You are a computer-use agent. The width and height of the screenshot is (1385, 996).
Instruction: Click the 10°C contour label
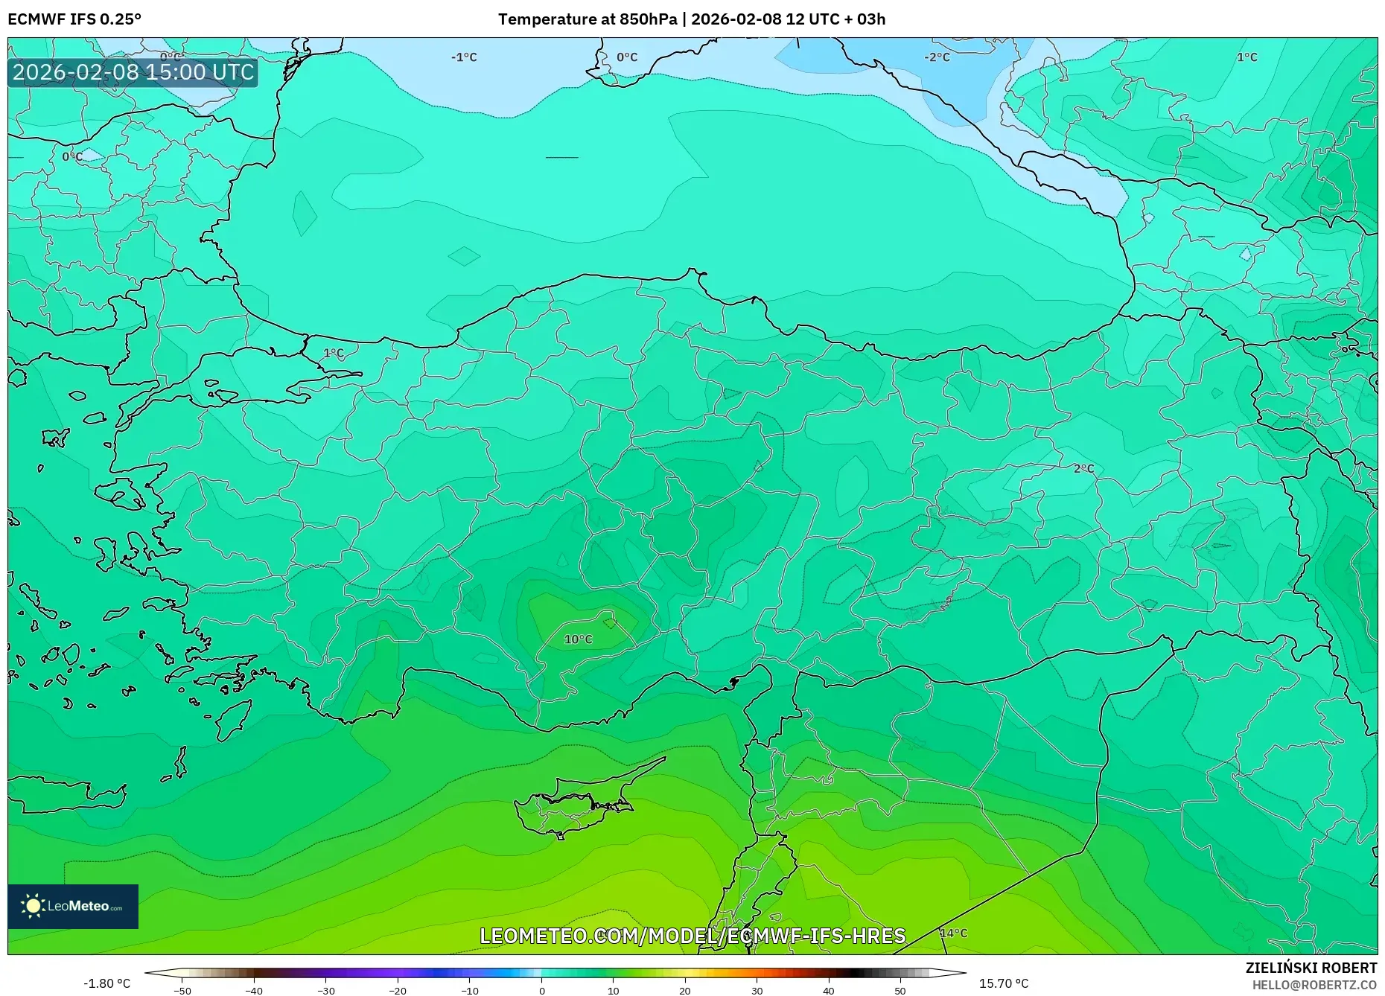(578, 639)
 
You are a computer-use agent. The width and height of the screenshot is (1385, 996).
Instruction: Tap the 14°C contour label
(953, 933)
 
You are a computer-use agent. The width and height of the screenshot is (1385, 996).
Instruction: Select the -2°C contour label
(937, 57)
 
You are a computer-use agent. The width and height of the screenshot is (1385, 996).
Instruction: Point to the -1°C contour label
(464, 57)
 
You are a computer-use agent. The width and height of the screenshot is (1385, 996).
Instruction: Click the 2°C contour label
(1083, 469)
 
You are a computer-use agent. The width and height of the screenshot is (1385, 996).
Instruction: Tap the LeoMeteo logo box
(73, 906)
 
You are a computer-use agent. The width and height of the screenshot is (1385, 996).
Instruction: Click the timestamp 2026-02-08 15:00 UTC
(133, 72)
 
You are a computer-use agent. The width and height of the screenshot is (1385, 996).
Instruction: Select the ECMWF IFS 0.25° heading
(74, 19)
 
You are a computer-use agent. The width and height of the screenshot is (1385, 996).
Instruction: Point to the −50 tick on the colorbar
(182, 990)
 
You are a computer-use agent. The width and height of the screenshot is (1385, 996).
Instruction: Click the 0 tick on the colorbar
(541, 990)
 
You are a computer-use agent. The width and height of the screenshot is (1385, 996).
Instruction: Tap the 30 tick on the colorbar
(757, 990)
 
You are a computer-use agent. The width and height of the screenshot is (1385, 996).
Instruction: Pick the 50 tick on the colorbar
(900, 990)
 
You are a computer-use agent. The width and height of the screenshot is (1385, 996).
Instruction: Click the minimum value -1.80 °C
(106, 984)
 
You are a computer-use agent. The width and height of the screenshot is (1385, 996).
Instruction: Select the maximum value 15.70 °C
(1004, 984)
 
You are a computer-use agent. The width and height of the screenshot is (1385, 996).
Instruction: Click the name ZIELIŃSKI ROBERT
(1311, 968)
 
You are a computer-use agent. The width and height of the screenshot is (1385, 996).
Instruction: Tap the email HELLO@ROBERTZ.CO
(1314, 985)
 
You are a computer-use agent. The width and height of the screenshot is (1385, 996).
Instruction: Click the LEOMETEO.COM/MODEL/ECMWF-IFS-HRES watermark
(692, 936)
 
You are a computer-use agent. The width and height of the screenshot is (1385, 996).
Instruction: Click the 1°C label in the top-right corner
(1246, 57)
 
